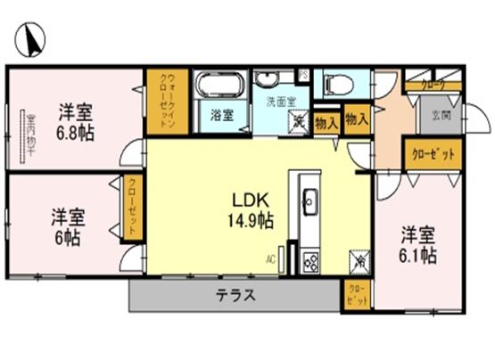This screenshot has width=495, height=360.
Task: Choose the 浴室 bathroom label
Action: [x=221, y=114]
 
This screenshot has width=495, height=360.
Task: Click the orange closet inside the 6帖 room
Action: [x=130, y=209]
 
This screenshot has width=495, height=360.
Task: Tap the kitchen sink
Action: [x=310, y=201]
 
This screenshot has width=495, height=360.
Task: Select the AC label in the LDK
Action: [x=268, y=260]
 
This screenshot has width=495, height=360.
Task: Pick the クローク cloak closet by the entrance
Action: [x=433, y=85]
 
